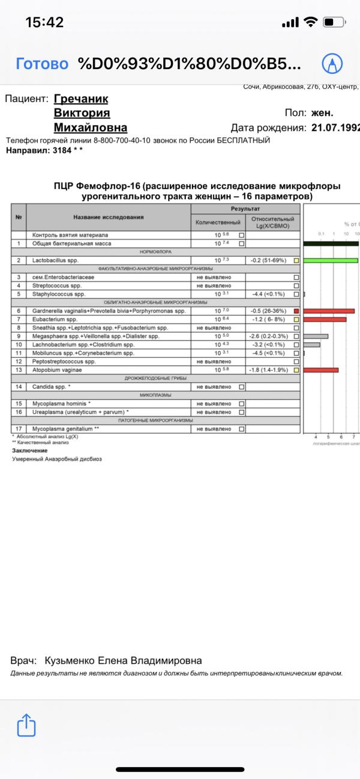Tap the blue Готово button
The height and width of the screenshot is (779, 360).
point(42,64)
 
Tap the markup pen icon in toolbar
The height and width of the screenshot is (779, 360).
point(332,64)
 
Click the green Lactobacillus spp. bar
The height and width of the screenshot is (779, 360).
point(331,260)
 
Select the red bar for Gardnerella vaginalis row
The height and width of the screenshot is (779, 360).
point(329,311)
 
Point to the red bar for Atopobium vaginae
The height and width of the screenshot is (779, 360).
point(321,370)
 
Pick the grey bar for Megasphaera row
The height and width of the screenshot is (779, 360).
point(316,336)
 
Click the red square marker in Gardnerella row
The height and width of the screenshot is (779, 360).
point(296,311)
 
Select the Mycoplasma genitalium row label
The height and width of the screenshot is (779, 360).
point(66,429)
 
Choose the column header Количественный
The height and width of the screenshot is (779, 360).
point(218,223)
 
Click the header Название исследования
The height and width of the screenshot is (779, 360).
point(109,217)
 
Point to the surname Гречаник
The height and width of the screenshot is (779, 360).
point(81,99)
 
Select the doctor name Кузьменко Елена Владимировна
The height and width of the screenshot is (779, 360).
point(123,661)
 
